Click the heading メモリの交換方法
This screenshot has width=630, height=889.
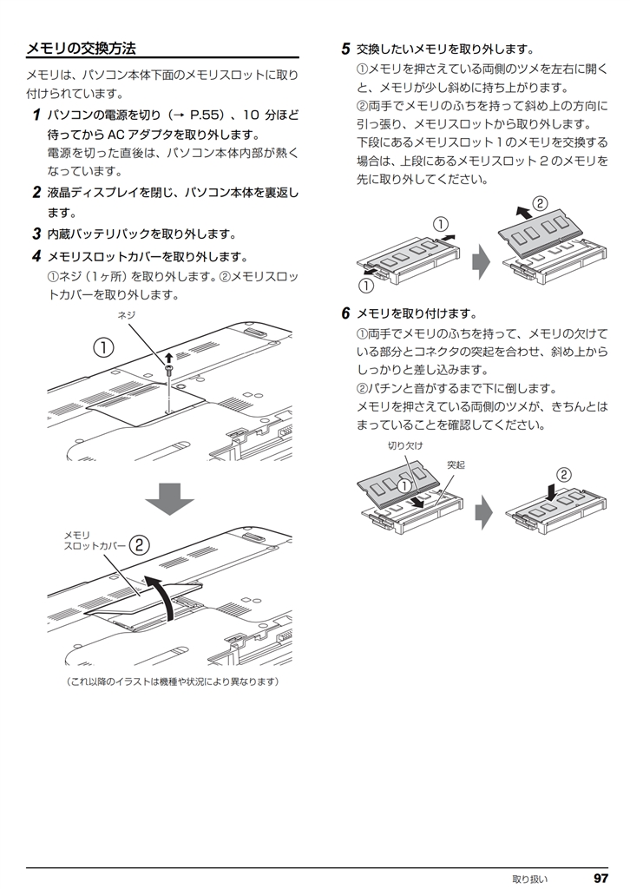click(82, 48)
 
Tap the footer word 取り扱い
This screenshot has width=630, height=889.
click(529, 879)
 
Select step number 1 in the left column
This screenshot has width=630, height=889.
click(36, 115)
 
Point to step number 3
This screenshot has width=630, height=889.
click(36, 234)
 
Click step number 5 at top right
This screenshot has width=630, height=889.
click(345, 49)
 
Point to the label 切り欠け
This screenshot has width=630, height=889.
click(405, 445)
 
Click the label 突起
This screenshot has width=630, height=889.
click(456, 465)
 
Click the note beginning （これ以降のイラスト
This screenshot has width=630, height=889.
click(174, 682)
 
